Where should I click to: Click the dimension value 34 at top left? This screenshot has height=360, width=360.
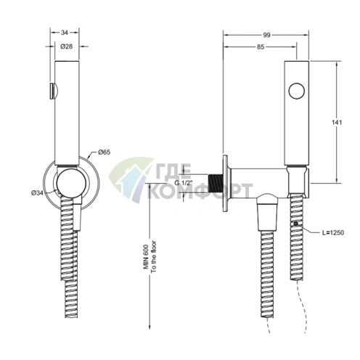pyautogui.click(x=65, y=32)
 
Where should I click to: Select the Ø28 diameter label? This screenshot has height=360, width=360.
pyautogui.click(x=65, y=46)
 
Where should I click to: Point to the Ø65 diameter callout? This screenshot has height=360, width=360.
pyautogui.click(x=104, y=153)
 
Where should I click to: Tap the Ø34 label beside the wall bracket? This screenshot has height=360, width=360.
pyautogui.click(x=37, y=192)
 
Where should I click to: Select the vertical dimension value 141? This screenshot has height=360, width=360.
pyautogui.click(x=348, y=123)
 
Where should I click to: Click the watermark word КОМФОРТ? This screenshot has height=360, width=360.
pyautogui.click(x=200, y=191)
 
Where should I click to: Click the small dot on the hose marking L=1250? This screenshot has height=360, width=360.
pyautogui.click(x=295, y=225)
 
